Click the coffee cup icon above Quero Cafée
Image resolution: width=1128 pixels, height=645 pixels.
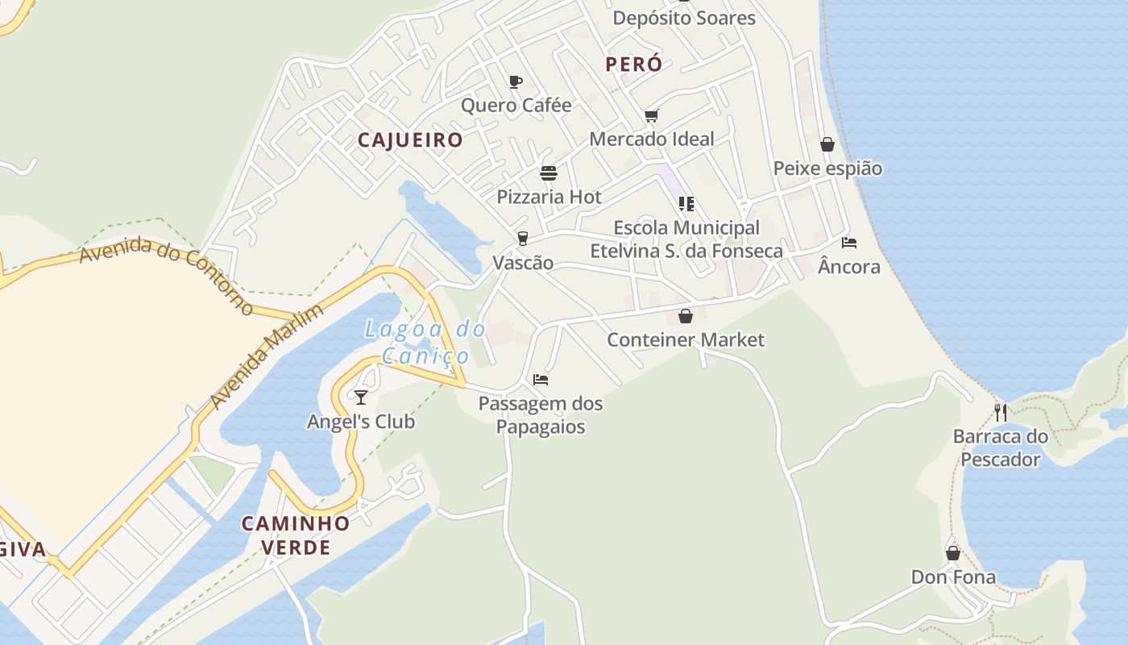coord(516,81)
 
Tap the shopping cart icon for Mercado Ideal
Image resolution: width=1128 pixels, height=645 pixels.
coord(652,115)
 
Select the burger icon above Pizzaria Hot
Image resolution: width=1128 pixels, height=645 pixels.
coord(549,173)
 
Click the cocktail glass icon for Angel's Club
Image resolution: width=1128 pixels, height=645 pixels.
coord(361,397)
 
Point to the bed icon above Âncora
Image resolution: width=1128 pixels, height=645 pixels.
coord(849,242)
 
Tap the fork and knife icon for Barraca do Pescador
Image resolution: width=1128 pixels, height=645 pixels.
coord(1001,413)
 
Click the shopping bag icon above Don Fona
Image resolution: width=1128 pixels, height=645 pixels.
coord(953,553)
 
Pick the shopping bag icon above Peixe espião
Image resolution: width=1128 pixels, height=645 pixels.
coord(827,144)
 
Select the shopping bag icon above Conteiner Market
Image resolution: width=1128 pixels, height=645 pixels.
coord(686,316)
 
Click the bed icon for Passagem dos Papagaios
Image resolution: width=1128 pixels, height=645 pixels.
coord(541,379)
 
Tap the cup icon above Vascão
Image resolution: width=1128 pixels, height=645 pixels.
coord(523,238)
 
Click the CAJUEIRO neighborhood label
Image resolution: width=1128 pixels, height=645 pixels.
coord(410,140)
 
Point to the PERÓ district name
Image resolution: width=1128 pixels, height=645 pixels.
coord(634,64)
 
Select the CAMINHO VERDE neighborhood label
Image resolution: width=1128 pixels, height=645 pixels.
coord(297,535)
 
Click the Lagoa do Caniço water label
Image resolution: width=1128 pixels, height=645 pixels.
coord(425,342)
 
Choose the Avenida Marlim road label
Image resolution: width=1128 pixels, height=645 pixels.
coord(266,356)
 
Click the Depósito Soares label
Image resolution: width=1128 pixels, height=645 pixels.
coord(684,18)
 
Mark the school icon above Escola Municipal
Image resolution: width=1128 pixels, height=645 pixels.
coord(686,203)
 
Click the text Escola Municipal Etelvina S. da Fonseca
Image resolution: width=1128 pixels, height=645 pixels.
coord(686,239)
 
